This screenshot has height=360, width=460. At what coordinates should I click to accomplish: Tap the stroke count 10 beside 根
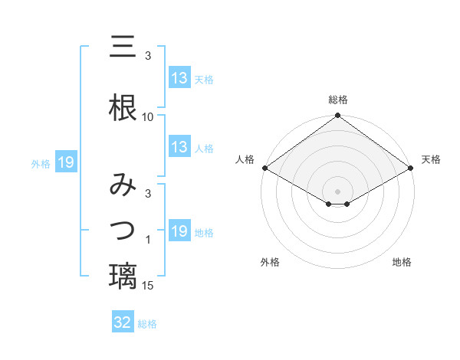(148, 117)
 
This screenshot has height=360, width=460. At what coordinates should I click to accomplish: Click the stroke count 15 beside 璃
(148, 286)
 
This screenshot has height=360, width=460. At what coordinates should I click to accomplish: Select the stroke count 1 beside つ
(148, 241)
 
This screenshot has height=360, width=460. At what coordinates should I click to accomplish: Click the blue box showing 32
(123, 322)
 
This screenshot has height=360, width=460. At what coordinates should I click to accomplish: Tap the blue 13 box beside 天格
(179, 78)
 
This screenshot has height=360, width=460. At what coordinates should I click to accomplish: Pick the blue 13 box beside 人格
(179, 147)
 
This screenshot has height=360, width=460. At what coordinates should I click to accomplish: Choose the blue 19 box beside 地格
(179, 231)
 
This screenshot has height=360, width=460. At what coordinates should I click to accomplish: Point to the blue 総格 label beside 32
(147, 324)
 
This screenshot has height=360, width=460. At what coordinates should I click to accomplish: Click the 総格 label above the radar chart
(338, 100)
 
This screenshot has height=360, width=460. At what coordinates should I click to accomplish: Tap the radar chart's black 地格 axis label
(402, 263)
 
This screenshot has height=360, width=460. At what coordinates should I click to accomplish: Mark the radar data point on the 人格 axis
(264, 168)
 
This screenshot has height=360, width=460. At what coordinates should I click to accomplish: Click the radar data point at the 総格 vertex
(338, 116)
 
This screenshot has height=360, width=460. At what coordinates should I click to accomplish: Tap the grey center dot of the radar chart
(338, 191)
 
